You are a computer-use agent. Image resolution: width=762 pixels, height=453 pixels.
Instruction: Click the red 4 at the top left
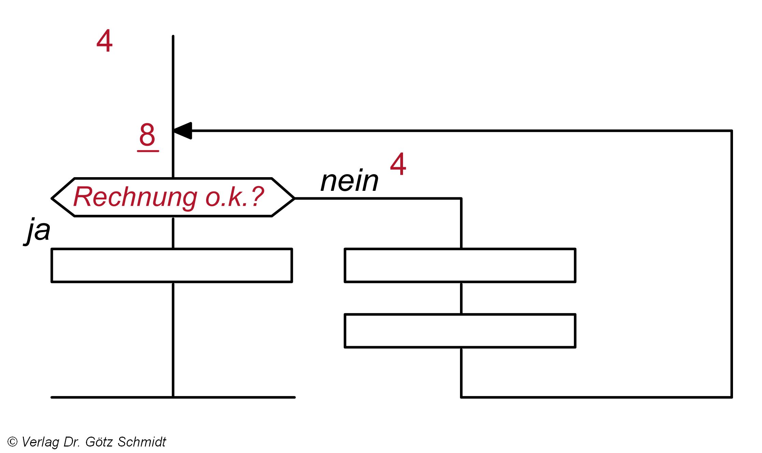point(104,41)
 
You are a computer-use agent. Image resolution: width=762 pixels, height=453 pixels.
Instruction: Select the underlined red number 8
point(147,135)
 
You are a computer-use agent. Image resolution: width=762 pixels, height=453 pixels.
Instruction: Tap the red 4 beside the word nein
point(398,164)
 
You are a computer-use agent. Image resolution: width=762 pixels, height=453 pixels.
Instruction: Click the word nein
point(349,181)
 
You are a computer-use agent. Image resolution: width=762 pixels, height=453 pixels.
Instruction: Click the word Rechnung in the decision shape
point(135,197)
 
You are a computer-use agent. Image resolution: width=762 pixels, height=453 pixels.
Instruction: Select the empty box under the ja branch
point(172,266)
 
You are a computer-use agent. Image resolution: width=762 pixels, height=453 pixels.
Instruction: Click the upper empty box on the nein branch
point(460,266)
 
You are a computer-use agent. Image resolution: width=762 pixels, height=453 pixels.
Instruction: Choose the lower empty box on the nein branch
point(460,331)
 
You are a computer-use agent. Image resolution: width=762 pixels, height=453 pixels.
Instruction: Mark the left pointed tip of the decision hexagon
point(53,198)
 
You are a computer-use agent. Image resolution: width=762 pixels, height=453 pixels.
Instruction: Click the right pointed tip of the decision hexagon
point(293,198)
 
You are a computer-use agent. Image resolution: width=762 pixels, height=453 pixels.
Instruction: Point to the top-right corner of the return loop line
point(731,131)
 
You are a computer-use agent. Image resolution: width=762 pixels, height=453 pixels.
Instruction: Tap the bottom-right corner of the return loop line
point(731,397)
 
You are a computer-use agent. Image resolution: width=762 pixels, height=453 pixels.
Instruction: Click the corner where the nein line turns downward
point(461,198)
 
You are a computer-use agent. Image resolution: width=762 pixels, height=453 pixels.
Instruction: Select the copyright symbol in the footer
point(12,442)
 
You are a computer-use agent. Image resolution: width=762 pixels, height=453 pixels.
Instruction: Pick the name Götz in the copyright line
point(99,442)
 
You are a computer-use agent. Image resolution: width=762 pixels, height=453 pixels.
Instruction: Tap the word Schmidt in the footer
point(142,442)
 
